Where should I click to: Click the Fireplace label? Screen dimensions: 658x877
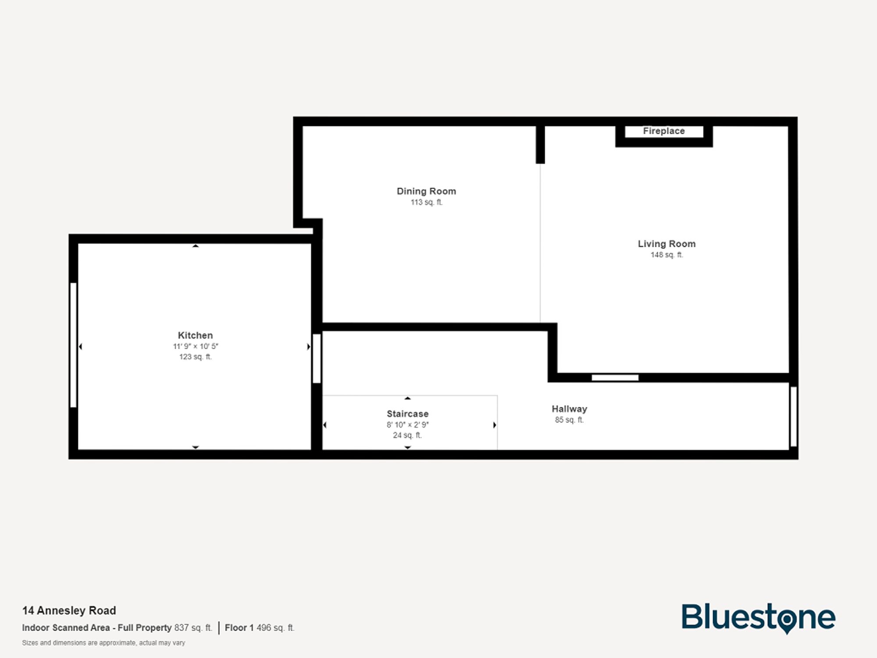[663, 131]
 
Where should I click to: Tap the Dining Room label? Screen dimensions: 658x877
[426, 191]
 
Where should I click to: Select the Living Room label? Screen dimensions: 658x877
[667, 244]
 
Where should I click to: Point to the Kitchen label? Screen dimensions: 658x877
[195, 336]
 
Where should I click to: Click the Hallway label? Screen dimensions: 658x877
[569, 409]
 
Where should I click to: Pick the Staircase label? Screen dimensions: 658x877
[407, 414]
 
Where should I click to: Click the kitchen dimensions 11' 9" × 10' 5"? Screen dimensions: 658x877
[195, 347]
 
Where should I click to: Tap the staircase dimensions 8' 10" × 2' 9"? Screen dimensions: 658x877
[407, 425]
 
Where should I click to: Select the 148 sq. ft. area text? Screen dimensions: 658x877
[667, 255]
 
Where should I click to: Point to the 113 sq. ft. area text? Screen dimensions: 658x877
[426, 202]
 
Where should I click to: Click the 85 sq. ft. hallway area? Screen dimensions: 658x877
[569, 420]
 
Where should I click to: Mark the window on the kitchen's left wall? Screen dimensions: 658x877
[73, 345]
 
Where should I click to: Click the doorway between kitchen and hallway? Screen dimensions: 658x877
[317, 358]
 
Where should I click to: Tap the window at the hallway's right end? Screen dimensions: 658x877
[793, 416]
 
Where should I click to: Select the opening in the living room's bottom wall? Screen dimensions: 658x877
[615, 378]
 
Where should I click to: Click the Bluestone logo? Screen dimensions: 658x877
[758, 618]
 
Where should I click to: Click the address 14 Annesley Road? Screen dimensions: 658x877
[69, 611]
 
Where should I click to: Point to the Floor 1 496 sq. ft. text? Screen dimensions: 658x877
[260, 628]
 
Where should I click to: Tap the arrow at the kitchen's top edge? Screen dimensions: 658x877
[196, 246]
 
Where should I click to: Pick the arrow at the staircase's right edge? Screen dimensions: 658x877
[495, 425]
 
